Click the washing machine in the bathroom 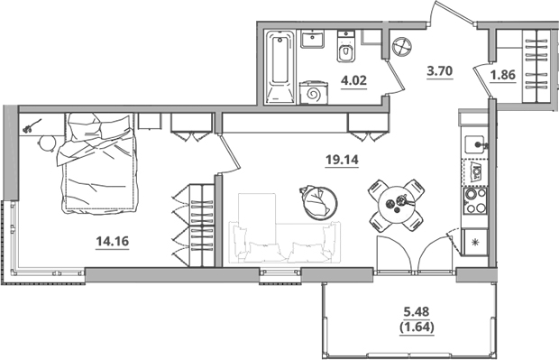(313, 91)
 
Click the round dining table (397, 204)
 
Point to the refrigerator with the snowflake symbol (474, 241)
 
